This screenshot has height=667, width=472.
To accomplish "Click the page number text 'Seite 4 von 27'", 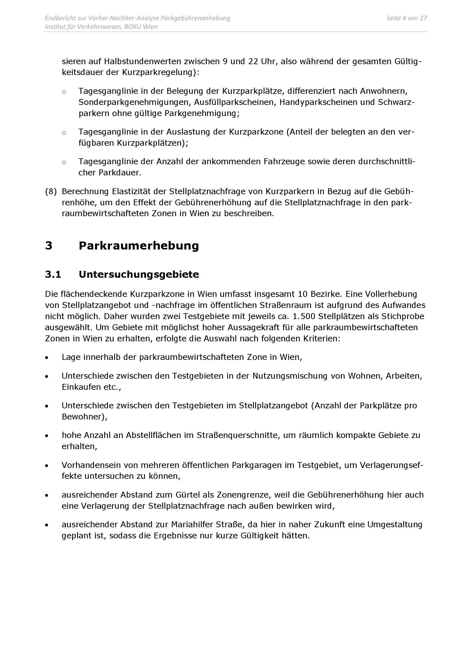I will tap(406, 18).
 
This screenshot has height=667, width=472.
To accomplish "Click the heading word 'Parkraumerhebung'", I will tap(139, 246).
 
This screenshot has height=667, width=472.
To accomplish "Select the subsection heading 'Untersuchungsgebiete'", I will tap(139, 274).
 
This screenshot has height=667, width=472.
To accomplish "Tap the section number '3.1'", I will tap(53, 274).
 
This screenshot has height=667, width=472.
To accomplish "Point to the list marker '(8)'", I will tap(51, 191).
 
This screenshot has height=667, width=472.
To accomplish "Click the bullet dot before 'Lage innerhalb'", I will tap(47, 358).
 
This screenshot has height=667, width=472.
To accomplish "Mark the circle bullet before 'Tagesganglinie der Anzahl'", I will tap(64, 162).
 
